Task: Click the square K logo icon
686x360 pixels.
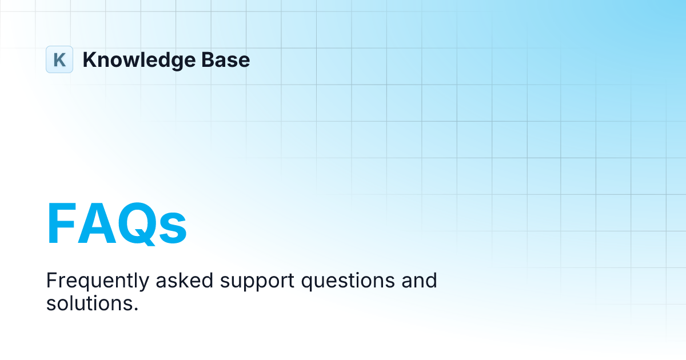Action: (x=59, y=59)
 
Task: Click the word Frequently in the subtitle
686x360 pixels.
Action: (x=89, y=281)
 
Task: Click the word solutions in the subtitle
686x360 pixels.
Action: (x=90, y=303)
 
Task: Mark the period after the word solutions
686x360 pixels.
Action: (x=137, y=309)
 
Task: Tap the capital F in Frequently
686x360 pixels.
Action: (x=51, y=281)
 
